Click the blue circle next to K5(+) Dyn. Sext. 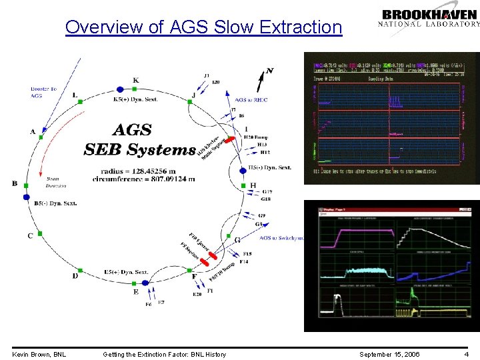tap(120, 89)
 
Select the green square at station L tap(81, 101)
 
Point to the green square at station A tap(41, 137)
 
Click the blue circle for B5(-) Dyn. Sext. tap(26, 197)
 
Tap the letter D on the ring tap(75, 276)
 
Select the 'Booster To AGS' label tap(43, 92)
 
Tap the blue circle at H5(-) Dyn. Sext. tap(243, 171)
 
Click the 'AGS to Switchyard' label tap(281, 237)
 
